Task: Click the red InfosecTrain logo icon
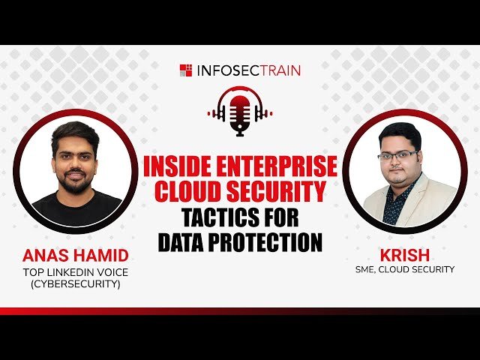pyautogui.click(x=185, y=70)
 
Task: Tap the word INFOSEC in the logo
pyautogui.click(x=223, y=70)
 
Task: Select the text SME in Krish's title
pyautogui.click(x=367, y=269)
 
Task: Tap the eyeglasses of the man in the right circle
pyautogui.click(x=398, y=155)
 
